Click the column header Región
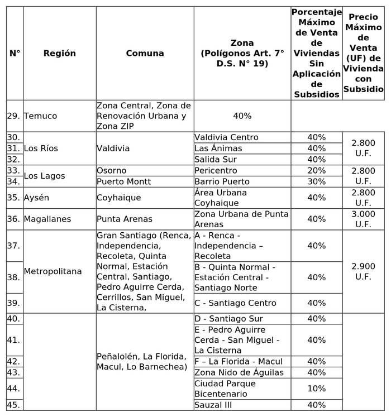pos(59,54)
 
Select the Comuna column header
pos(145,54)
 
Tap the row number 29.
pos(14,116)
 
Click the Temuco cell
pos(40,116)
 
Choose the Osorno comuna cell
pos(112,171)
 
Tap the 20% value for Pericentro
pos(316,171)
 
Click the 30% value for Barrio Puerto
pos(316,182)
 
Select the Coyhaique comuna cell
pos(118,198)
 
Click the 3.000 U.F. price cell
pos(363,219)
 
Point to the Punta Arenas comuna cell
pos(125,219)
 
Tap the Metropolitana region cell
pos(53,272)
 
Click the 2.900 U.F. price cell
pos(363,272)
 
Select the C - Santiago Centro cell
pos(235,303)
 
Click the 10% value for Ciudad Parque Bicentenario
pos(316,389)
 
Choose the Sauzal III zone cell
pos(213,405)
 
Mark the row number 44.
pos(14,389)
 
